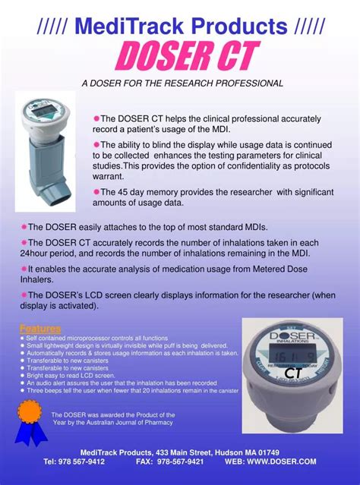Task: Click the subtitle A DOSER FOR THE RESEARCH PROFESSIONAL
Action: tap(182, 83)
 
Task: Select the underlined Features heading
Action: tap(40, 329)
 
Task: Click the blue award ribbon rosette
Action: tap(30, 415)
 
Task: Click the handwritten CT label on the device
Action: tap(294, 373)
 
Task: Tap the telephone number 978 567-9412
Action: tap(74, 461)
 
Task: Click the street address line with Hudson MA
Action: tap(179, 452)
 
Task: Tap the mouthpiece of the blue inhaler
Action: tap(68, 199)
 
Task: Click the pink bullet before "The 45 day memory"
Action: tap(96, 192)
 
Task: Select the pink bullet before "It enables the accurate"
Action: tap(24, 269)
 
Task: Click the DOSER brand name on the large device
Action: tap(292, 333)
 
